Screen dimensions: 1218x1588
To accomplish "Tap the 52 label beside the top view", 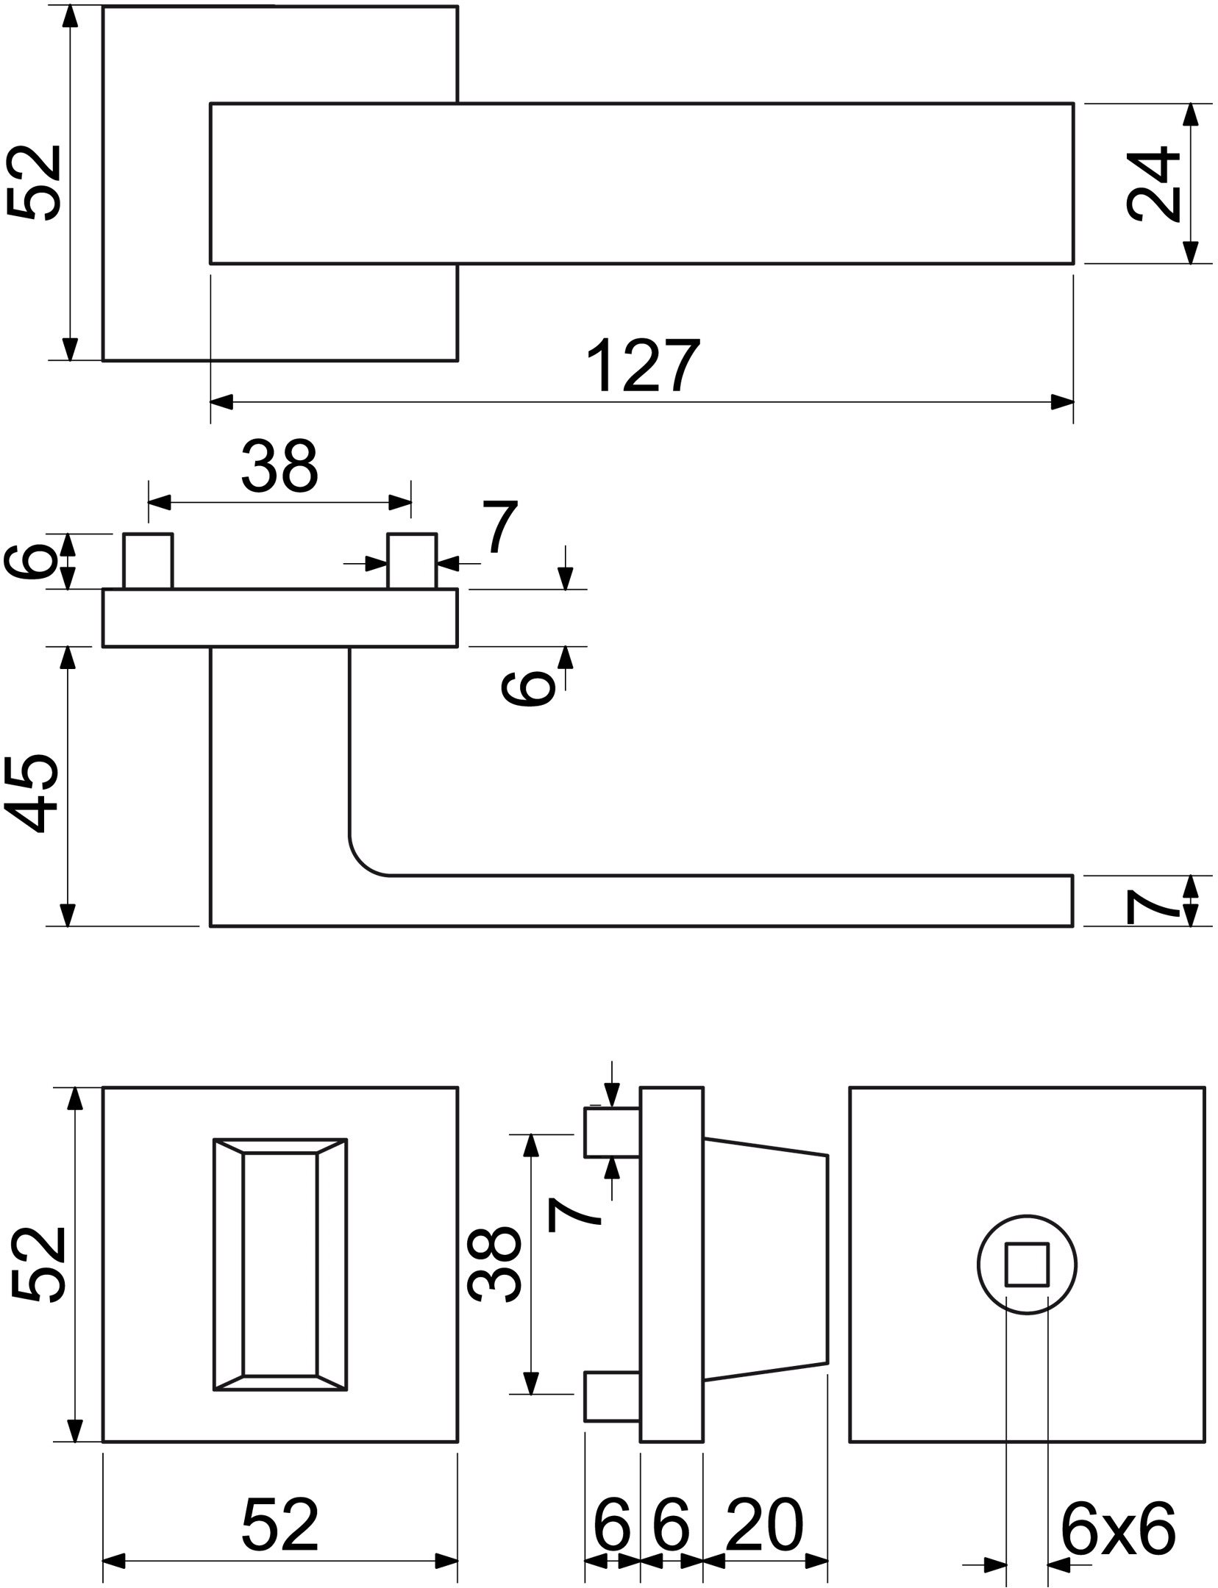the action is (x=33, y=182).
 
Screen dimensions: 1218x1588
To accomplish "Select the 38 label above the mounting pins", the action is (x=279, y=465).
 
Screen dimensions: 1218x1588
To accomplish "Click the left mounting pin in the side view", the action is (x=148, y=561).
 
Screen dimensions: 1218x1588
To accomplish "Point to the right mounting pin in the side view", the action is (x=412, y=561).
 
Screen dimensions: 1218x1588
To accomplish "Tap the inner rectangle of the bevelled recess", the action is (x=280, y=1265).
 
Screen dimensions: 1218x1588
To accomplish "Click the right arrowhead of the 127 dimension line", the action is (x=1062, y=402).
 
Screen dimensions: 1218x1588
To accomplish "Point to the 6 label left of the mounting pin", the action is (x=29, y=561).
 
